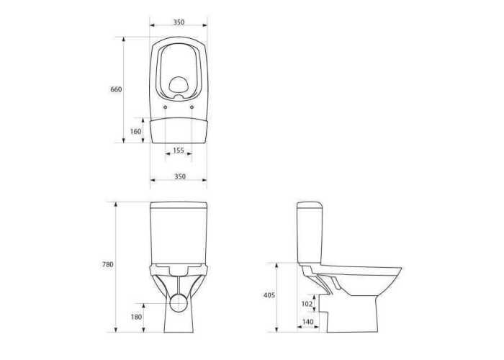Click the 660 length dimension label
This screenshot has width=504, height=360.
click(x=116, y=89)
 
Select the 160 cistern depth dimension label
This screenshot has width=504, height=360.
click(x=135, y=132)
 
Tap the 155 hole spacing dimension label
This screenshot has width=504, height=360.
click(x=179, y=150)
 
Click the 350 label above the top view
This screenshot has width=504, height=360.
click(x=179, y=22)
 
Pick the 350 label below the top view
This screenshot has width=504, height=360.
click(x=180, y=176)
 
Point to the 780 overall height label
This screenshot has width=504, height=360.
click(x=108, y=264)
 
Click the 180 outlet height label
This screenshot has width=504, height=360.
click(x=136, y=318)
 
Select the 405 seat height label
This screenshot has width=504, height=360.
click(x=269, y=295)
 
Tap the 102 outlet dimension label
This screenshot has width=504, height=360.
click(x=307, y=304)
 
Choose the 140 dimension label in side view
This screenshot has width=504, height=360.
click(x=308, y=322)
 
